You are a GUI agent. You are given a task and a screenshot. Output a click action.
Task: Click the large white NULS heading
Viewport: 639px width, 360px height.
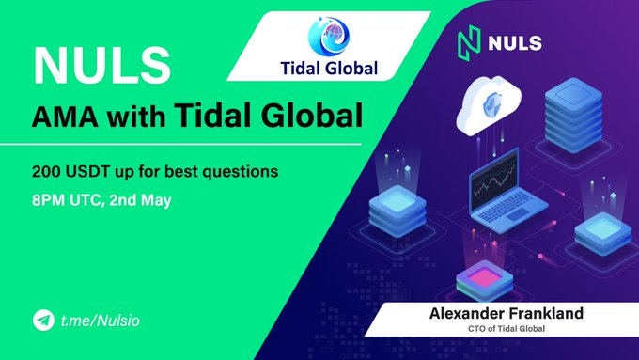tap(101, 65)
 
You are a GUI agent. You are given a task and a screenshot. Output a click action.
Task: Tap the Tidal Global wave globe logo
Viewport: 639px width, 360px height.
tap(329, 37)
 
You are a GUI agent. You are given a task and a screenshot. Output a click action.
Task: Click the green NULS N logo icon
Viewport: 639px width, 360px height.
tap(469, 43)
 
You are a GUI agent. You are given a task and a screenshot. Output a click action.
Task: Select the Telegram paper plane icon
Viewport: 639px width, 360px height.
tap(43, 320)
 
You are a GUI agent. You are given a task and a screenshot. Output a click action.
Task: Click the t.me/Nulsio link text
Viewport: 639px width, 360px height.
tap(101, 321)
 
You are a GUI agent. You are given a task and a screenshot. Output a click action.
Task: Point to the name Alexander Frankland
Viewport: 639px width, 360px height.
tap(507, 314)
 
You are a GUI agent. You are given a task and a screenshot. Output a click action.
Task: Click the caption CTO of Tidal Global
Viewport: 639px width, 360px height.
tap(507, 329)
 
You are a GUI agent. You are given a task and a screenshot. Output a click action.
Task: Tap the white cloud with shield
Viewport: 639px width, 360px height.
tap(489, 104)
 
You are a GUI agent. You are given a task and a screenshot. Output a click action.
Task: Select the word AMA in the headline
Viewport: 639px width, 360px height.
tap(65, 117)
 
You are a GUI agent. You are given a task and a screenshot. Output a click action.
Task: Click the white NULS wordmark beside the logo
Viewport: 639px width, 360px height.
tap(516, 43)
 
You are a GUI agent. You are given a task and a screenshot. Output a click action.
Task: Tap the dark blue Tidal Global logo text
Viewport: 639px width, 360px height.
tap(329, 69)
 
